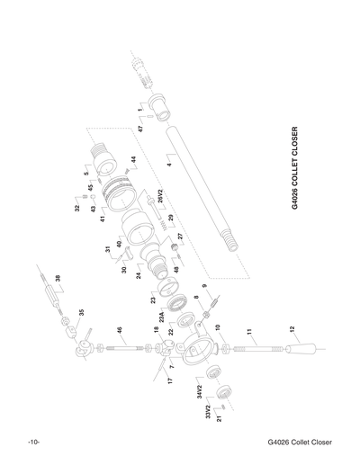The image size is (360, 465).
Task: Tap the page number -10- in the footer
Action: click(x=34, y=443)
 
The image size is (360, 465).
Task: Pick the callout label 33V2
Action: click(x=208, y=413)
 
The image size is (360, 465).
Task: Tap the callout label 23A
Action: click(x=162, y=316)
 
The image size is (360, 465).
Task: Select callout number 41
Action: click(x=102, y=218)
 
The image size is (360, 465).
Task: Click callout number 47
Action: click(x=140, y=130)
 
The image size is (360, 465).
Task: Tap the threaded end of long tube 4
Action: click(x=229, y=240)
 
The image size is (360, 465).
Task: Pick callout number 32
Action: click(x=76, y=209)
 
